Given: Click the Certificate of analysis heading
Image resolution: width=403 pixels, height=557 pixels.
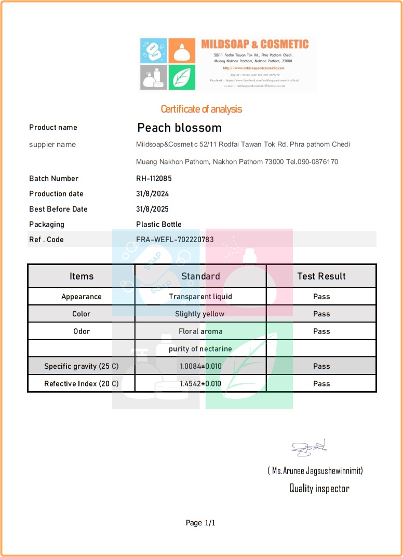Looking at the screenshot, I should [201, 109].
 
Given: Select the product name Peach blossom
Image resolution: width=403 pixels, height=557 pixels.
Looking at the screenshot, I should [179, 128].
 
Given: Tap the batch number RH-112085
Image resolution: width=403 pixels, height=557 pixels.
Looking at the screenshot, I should [154, 178].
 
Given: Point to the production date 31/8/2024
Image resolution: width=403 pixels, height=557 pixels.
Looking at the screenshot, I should [153, 193].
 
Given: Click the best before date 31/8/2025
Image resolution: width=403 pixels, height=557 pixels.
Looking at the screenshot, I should [153, 209].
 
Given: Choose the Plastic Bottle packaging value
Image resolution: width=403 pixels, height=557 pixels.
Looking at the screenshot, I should [159, 224].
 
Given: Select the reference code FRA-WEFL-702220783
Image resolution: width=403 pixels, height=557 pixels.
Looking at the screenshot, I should [175, 240].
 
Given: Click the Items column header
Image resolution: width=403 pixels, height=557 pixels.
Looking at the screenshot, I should [82, 276].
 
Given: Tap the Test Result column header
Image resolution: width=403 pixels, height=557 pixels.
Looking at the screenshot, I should [321, 276].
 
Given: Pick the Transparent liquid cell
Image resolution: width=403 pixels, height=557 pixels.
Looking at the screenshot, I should [200, 297].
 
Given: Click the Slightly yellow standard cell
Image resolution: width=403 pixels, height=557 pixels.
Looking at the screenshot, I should [200, 314].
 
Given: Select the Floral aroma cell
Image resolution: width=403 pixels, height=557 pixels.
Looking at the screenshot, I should [200, 331].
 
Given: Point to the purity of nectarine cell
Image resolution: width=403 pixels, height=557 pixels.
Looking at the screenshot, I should [200, 349].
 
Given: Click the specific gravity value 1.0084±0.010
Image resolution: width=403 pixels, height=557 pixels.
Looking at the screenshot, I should [200, 366].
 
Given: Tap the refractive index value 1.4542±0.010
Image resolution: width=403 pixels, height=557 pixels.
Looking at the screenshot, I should [200, 384].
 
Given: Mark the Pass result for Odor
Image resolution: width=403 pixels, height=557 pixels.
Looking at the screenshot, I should [321, 331].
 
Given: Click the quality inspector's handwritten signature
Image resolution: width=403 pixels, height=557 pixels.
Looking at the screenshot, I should [308, 448].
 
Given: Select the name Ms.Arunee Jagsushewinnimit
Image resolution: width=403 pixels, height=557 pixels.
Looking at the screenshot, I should [315, 471].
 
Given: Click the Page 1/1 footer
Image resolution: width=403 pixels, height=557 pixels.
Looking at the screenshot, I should [200, 523].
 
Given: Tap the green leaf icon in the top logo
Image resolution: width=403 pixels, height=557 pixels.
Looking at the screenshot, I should [181, 77].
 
